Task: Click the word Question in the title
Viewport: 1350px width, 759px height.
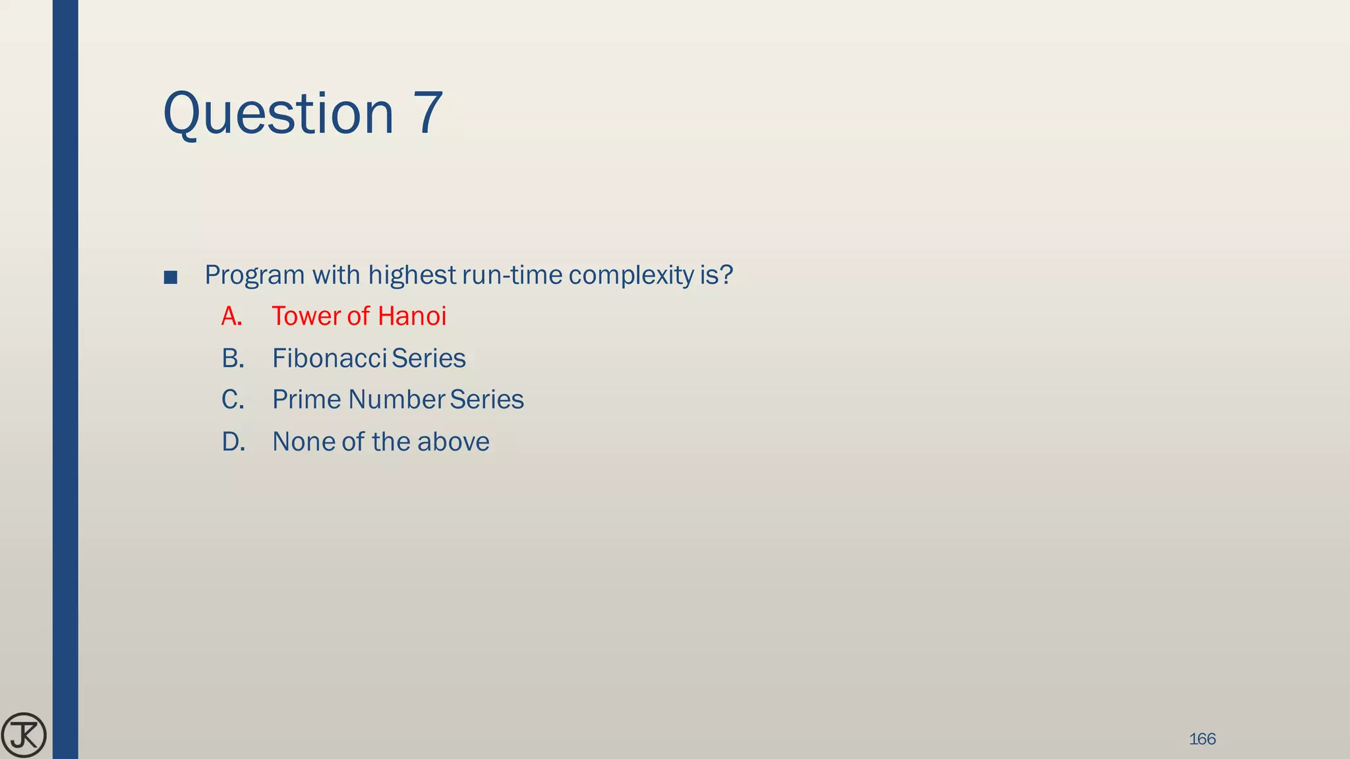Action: (x=278, y=113)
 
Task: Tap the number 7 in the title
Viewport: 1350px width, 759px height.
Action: (x=428, y=113)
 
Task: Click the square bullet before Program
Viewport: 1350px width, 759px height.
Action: (x=170, y=277)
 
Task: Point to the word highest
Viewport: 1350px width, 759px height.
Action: (x=412, y=275)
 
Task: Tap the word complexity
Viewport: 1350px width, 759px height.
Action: (x=631, y=275)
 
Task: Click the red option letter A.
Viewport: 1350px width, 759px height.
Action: (x=231, y=317)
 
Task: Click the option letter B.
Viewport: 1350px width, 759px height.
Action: (x=233, y=358)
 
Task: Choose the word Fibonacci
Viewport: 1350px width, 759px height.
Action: (x=330, y=358)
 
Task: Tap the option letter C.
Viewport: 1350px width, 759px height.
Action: (x=233, y=400)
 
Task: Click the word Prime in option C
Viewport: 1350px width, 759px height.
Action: (x=307, y=400)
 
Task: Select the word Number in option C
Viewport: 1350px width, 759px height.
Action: (x=397, y=400)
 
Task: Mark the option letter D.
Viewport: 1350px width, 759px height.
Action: (x=233, y=442)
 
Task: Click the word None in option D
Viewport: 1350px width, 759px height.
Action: (x=303, y=442)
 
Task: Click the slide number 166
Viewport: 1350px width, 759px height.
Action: (x=1202, y=739)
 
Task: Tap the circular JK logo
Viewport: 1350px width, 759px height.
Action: (x=24, y=735)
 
